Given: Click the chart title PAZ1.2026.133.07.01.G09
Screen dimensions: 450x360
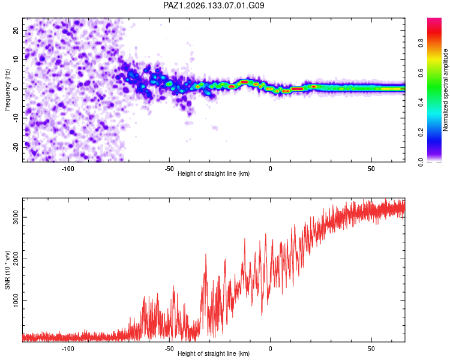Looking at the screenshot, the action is coord(214,5).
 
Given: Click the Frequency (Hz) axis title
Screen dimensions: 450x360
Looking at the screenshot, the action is coord(7,90).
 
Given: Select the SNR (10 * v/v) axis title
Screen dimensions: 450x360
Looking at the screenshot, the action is coord(7,270).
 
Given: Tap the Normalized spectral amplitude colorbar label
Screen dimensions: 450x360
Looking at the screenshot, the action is coord(445,90).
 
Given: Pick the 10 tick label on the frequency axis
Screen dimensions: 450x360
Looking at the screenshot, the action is coord(16,59).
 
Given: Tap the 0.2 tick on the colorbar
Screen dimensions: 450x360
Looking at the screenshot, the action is coord(421,133).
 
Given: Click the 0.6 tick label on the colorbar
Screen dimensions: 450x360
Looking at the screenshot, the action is coord(421,73).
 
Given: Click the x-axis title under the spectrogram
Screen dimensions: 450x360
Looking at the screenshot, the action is coord(214,173).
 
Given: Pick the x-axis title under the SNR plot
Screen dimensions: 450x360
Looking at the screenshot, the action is coord(214,353).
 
